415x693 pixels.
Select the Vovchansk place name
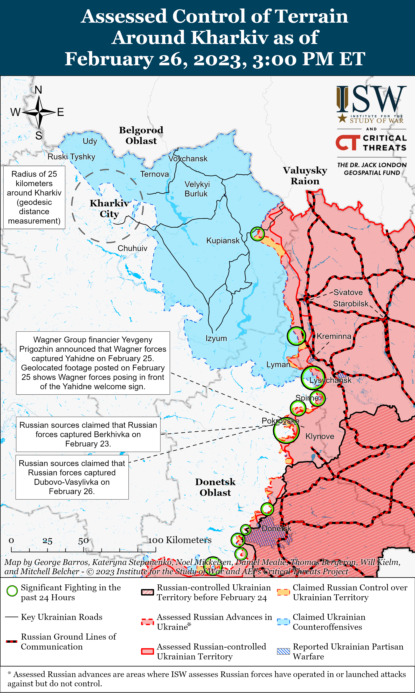188,159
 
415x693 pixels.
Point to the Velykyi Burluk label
197,189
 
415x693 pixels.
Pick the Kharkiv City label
109,208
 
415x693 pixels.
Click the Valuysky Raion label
305,176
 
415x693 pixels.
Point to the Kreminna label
334,336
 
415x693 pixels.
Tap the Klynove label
320,436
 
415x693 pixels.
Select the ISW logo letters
371,99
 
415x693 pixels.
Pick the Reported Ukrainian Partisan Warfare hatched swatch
283,651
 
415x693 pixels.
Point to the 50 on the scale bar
83,541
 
